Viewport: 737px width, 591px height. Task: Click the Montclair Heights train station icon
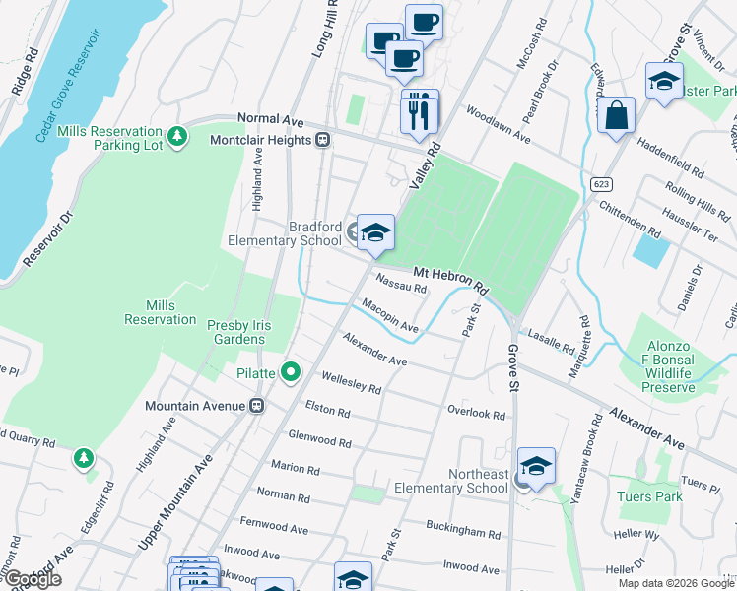pyautogui.click(x=322, y=140)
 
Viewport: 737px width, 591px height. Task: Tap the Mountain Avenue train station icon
pyautogui.click(x=257, y=406)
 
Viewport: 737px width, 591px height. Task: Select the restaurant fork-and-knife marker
pyautogui.click(x=420, y=112)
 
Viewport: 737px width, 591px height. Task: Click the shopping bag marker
pyautogui.click(x=616, y=116)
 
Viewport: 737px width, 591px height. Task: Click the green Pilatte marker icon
pyautogui.click(x=291, y=372)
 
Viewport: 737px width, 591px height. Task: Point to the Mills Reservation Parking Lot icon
pyautogui.click(x=177, y=137)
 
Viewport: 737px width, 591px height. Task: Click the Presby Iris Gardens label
pyautogui.click(x=235, y=332)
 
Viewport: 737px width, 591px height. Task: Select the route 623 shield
pyautogui.click(x=602, y=184)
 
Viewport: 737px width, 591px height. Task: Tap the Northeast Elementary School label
pyautogui.click(x=450, y=481)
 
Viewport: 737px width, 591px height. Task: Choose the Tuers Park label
pyautogui.click(x=649, y=496)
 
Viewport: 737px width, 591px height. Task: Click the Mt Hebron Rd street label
pyautogui.click(x=450, y=279)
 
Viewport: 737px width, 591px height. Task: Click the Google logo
pyautogui.click(x=32, y=579)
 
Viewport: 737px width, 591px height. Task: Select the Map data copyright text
pyautogui.click(x=675, y=583)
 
